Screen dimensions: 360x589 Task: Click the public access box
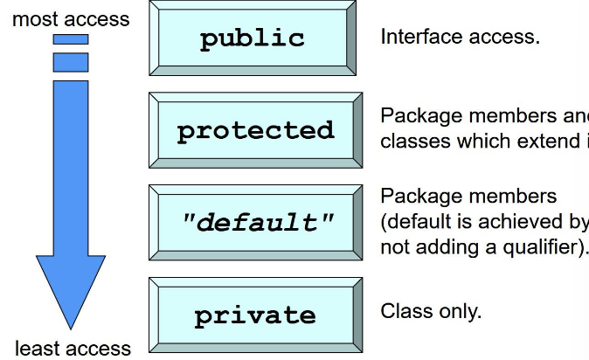[x=252, y=38]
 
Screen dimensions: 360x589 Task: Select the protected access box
[x=255, y=130]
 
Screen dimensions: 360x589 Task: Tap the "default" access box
[x=255, y=222]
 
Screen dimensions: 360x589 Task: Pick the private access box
[x=255, y=315]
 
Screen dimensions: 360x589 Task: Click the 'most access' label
[x=71, y=18]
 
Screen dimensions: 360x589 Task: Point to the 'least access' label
[x=73, y=348]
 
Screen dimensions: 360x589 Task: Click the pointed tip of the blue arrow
[x=70, y=327]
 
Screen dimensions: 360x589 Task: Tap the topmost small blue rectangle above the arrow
[x=70, y=38]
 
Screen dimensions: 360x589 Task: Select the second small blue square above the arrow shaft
[x=70, y=62]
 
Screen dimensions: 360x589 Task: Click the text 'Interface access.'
[x=460, y=38]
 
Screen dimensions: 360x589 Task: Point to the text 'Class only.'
[x=431, y=311]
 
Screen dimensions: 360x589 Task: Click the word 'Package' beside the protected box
[x=414, y=116]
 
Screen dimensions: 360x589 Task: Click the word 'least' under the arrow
[x=37, y=348]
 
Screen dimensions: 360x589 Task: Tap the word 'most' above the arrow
[x=32, y=18]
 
